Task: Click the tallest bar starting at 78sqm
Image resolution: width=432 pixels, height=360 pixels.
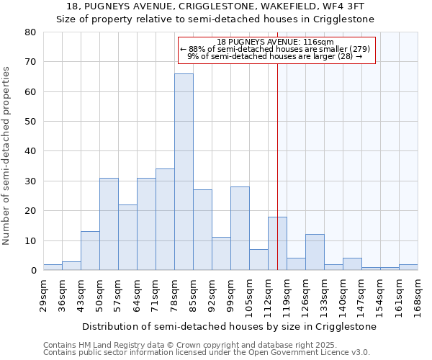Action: [x=184, y=172]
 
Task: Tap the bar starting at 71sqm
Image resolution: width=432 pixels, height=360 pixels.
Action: [x=165, y=220]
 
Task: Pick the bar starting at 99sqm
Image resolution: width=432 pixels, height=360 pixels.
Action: [x=240, y=228]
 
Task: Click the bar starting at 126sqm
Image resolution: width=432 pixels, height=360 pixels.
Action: [x=315, y=252]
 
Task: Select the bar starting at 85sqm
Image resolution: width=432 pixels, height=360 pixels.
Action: [x=202, y=230]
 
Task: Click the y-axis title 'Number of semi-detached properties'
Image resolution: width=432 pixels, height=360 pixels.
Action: [x=7, y=156]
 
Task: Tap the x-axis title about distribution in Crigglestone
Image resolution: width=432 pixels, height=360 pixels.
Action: [x=229, y=326]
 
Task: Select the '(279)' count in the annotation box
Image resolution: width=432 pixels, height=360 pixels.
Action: [x=357, y=49]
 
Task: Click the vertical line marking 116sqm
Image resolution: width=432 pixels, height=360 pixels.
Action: [x=277, y=180]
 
